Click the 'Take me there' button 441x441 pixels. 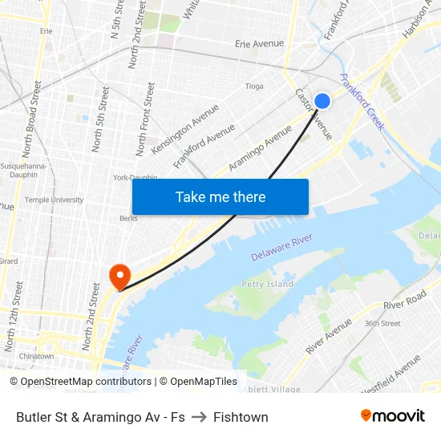(220, 197)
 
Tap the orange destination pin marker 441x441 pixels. (119, 276)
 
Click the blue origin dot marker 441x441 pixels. (322, 101)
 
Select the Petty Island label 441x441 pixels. (268, 284)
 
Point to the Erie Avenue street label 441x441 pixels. (260, 43)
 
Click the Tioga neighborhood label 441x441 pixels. (254, 86)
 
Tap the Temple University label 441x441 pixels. (54, 200)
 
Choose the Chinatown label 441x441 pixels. (36, 356)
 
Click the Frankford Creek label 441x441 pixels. (363, 102)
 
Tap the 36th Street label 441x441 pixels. (382, 323)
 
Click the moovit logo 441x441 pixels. (392, 415)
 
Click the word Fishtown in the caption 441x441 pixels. (241, 417)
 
